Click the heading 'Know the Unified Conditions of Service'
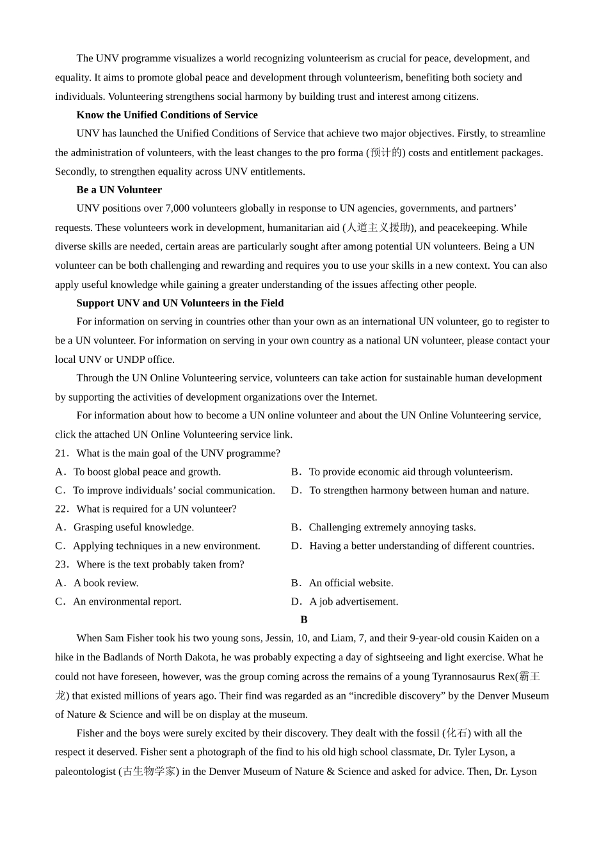[x=167, y=115]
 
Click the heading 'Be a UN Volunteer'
[x=119, y=190]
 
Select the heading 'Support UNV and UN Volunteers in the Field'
[x=180, y=303]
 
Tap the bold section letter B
[x=304, y=620]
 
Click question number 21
[x=61, y=454]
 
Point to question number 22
[x=61, y=509]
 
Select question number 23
[x=61, y=565]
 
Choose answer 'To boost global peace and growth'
[x=147, y=472]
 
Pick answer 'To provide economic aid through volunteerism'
[x=410, y=472]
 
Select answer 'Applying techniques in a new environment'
[x=166, y=546]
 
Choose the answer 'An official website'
[x=351, y=584]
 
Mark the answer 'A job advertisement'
[x=353, y=602]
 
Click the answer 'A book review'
[x=106, y=584]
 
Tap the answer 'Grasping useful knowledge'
[x=133, y=528]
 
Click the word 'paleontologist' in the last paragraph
[x=85, y=772]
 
